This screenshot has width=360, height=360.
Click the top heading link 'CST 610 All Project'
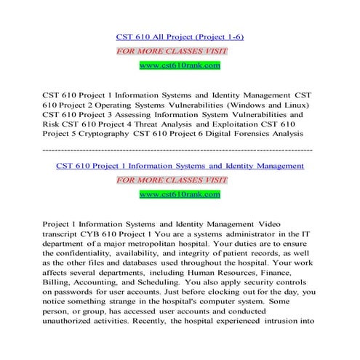tap(179, 36)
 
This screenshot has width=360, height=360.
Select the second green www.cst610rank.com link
tap(179, 194)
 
